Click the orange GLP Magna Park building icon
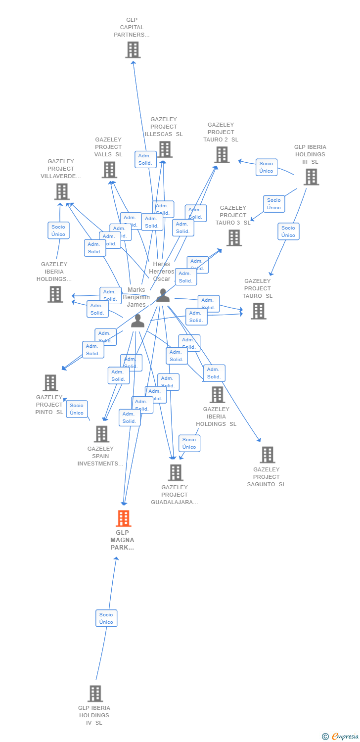[123, 518]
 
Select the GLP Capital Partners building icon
[133, 50]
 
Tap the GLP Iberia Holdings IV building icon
[95, 694]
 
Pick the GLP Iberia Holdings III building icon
[311, 177]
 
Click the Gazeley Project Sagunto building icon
[267, 455]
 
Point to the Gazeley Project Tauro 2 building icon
[222, 155]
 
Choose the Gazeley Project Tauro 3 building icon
[234, 238]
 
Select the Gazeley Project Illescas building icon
[165, 149]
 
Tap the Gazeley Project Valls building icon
[109, 170]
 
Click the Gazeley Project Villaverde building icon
[62, 191]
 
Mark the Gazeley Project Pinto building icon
[50, 383]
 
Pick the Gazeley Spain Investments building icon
[101, 434]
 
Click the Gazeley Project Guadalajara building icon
[176, 473]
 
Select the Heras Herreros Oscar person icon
[163, 296]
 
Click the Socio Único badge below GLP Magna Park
[106, 618]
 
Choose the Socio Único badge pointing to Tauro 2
[266, 167]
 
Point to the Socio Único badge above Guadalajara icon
[189, 443]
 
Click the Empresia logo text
[345, 737]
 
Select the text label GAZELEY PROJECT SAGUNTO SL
[267, 477]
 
